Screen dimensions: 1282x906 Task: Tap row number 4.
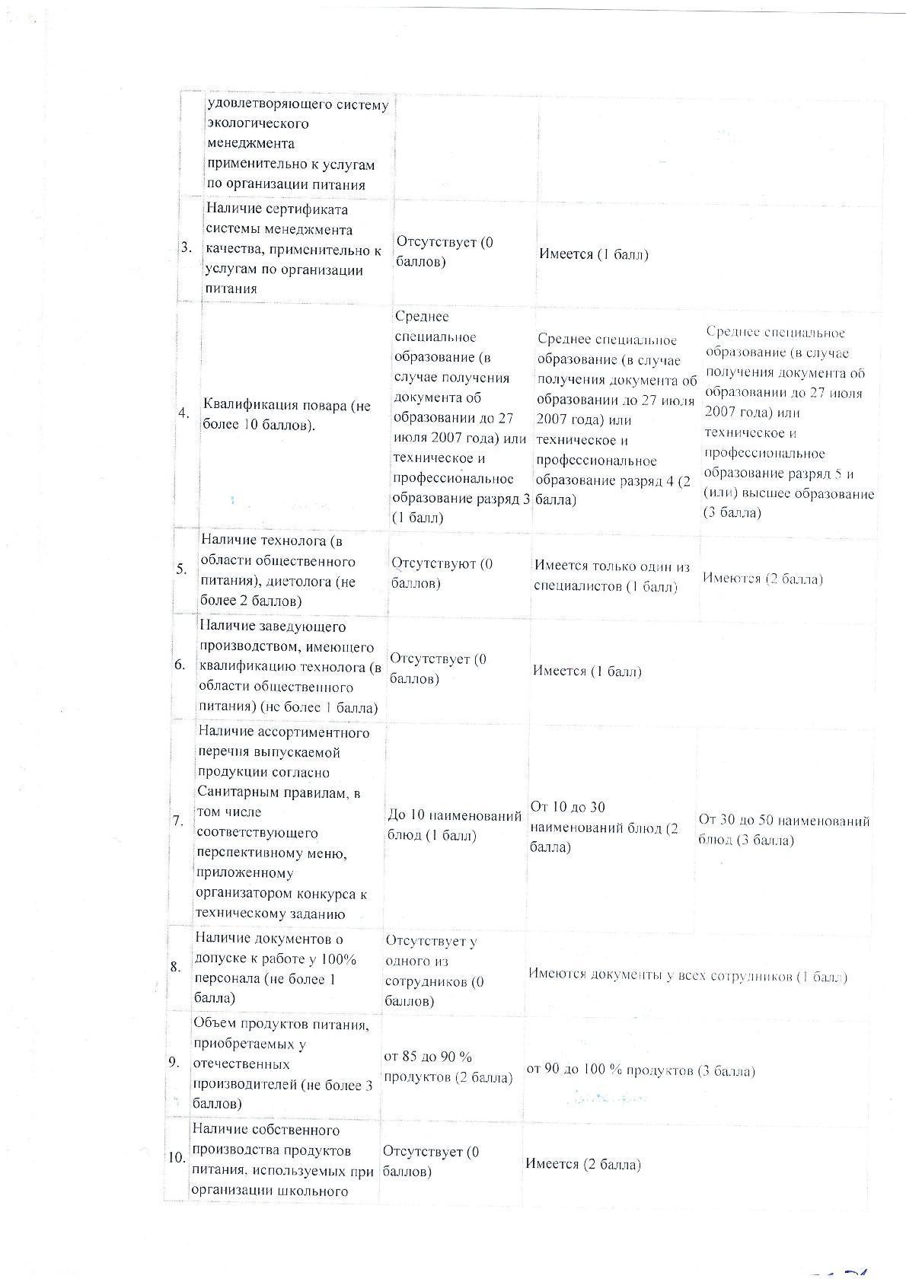coord(183,413)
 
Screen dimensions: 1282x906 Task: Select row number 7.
coord(177,821)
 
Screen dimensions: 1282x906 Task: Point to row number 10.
coord(177,1157)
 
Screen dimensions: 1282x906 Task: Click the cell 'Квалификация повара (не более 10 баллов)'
coord(287,415)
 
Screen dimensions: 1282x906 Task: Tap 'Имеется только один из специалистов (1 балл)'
coord(611,576)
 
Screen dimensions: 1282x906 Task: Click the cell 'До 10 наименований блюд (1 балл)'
coord(454,826)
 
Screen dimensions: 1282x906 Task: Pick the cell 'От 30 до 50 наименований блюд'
coord(783,831)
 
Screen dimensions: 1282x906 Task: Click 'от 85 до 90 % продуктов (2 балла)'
coord(448,1067)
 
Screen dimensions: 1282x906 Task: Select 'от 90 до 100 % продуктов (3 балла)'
coord(640,1070)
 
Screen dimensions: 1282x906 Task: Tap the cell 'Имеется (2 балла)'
coord(582,1164)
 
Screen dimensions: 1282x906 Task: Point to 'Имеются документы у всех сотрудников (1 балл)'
coord(687,977)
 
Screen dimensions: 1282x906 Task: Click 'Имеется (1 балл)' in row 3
coord(594,254)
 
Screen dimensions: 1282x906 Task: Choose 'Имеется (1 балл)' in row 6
coord(587,671)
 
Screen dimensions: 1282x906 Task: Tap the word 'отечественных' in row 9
coord(241,1064)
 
